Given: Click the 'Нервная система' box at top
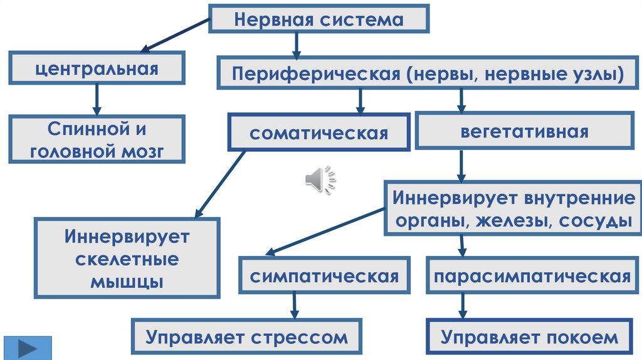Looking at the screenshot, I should [319, 19].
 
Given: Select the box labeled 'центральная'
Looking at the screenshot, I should [97, 68].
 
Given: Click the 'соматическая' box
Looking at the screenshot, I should [319, 133].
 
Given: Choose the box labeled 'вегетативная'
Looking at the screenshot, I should [525, 132].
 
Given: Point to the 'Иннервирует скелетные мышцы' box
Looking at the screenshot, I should [127, 258].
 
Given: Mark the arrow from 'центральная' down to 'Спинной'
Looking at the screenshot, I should [97, 98].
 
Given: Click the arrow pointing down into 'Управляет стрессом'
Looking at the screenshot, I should [293, 307].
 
